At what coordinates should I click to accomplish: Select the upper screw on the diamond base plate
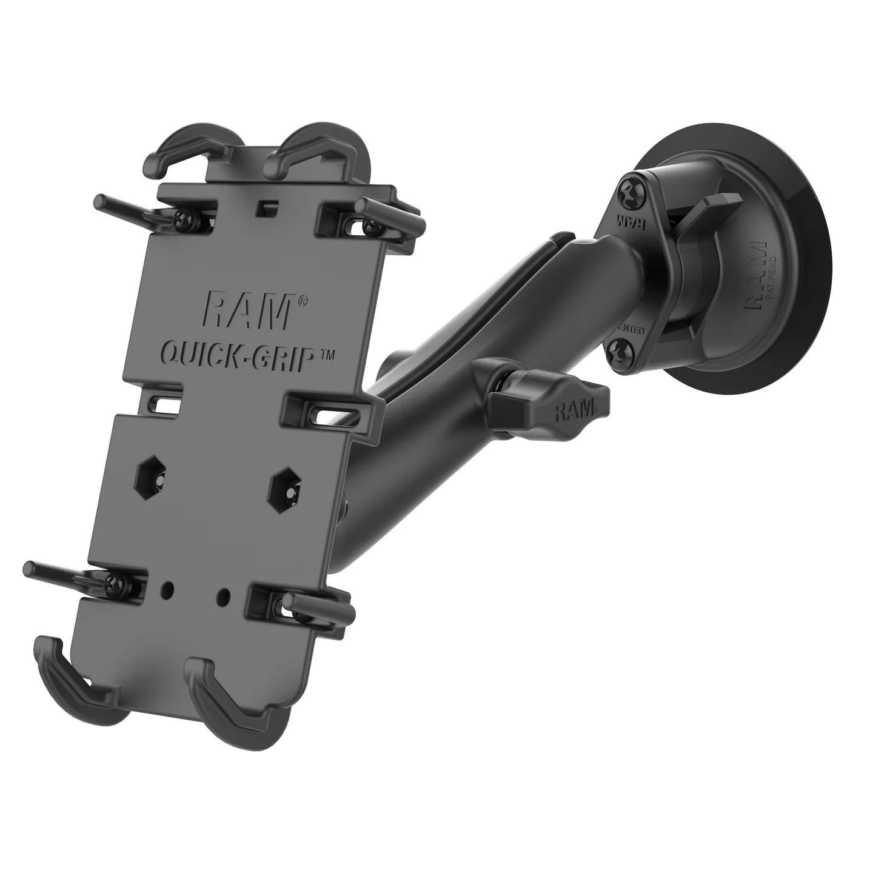coord(627,194)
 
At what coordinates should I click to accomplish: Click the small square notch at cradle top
coord(263,207)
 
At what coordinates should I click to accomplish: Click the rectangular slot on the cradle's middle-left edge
coord(164,404)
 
